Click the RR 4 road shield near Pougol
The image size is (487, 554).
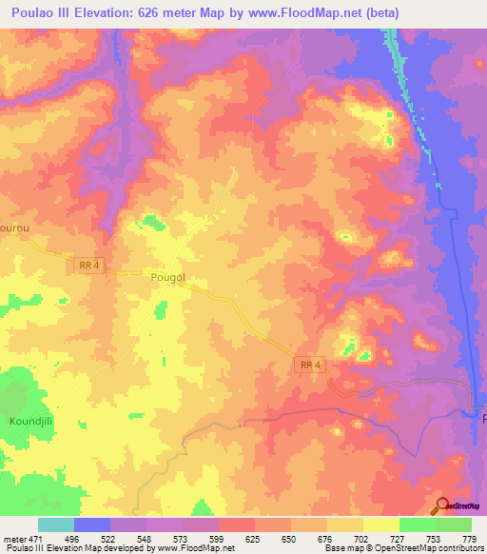point(88,267)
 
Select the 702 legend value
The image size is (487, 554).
point(362,538)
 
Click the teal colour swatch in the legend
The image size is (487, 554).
point(56,524)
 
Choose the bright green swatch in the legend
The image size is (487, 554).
point(417,524)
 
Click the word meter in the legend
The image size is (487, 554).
point(13,538)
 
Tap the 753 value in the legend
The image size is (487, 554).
point(435,538)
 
